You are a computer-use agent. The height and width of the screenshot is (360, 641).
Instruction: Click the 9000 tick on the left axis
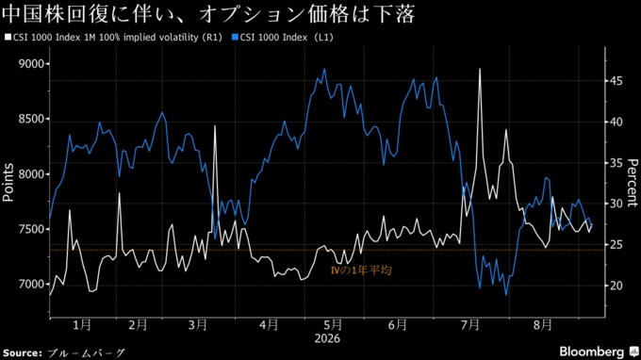pyautogui.click(x=31, y=64)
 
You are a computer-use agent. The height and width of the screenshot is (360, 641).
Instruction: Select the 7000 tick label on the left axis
pyautogui.click(x=31, y=284)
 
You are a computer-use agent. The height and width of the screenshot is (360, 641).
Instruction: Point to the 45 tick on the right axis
pyautogui.click(x=616, y=81)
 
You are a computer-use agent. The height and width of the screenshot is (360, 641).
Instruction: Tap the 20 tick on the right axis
pyautogui.click(x=616, y=286)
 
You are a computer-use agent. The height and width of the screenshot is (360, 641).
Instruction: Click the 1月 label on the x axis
pyautogui.click(x=82, y=325)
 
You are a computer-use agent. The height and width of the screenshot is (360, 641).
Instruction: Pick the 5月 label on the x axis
pyautogui.click(x=333, y=325)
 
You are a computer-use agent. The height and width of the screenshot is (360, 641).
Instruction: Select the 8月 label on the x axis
pyautogui.click(x=543, y=325)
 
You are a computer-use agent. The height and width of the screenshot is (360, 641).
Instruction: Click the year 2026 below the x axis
pyautogui.click(x=327, y=338)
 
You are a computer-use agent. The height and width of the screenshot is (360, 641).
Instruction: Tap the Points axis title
pyautogui.click(x=8, y=182)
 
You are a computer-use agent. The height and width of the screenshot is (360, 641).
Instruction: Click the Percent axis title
pyautogui.click(x=632, y=183)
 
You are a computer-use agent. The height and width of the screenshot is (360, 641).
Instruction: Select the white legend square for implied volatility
pyautogui.click(x=8, y=37)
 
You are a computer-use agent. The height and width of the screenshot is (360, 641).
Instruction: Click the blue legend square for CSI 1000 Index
pyautogui.click(x=235, y=37)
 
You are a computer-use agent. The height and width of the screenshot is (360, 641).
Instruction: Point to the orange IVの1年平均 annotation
pyautogui.click(x=360, y=270)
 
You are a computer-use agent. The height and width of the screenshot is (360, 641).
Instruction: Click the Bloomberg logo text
pyautogui.click(x=592, y=352)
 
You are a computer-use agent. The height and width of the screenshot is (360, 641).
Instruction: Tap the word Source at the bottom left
pyautogui.click(x=23, y=353)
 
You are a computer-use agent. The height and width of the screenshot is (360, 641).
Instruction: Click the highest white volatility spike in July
pyautogui.click(x=480, y=69)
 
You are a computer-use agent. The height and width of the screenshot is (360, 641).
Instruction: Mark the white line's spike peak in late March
pyautogui.click(x=215, y=126)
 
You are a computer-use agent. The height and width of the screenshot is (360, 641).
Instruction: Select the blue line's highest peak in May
pyautogui.click(x=325, y=69)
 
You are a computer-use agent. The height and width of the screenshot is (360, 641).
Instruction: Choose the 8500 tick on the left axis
pyautogui.click(x=31, y=119)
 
